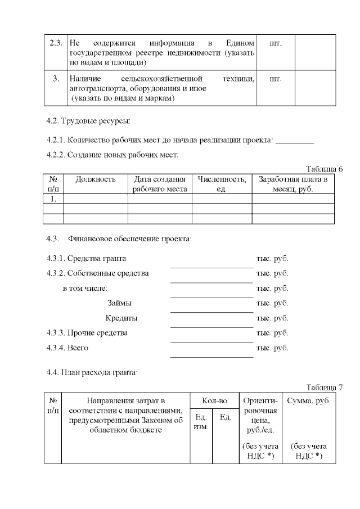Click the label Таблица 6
click(324, 169)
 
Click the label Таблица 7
click(324, 387)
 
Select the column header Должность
click(96, 179)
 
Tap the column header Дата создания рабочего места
click(160, 184)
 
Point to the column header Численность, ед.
click(222, 184)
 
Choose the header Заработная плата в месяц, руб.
click(292, 184)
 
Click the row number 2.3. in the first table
click(56, 43)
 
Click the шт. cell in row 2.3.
click(276, 43)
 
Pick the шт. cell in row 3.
click(276, 79)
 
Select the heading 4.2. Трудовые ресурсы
click(88, 120)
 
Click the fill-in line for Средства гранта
click(211, 267)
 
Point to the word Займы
click(119, 303)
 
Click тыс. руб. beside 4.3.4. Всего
click(272, 348)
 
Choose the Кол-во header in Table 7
click(215, 401)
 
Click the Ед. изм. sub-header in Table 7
click(201, 422)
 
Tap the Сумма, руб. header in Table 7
click(309, 401)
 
